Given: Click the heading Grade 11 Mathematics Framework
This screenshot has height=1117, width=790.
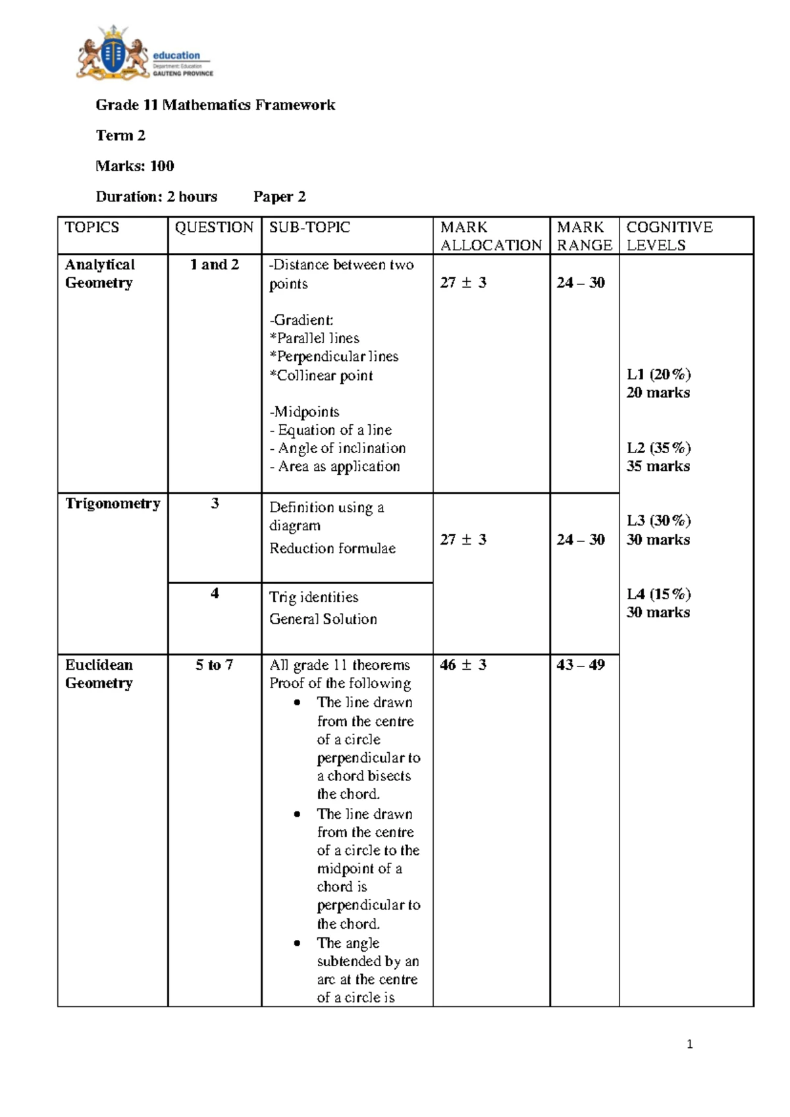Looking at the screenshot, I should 215,105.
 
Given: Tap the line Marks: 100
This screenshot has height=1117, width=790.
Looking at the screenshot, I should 135,166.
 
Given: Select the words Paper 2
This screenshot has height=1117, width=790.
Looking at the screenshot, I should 279,196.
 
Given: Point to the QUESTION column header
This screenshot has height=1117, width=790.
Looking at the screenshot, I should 214,227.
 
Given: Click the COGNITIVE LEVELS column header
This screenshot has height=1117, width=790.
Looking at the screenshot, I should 669,236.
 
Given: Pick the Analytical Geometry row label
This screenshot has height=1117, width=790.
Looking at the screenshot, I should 99,273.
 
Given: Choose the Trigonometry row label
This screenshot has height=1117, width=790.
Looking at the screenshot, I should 113,504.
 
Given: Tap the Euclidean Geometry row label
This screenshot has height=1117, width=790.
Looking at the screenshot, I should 99,674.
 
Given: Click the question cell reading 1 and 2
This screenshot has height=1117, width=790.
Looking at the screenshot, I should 214,265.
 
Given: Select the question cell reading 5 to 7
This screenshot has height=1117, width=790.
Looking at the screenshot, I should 214,665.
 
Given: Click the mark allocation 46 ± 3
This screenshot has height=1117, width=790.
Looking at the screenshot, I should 463,665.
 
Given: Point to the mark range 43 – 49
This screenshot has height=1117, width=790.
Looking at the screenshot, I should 580,665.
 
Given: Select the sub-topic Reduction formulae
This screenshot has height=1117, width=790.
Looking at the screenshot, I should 332,549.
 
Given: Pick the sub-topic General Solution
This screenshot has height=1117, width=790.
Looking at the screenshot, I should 323,619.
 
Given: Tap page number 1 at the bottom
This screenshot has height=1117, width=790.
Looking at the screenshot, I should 689,1044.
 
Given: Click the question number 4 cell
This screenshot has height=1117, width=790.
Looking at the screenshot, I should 215,593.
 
